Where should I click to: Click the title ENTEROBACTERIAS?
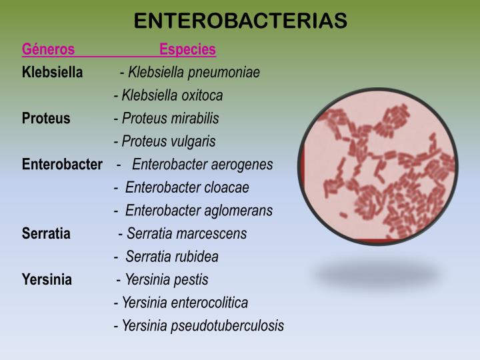pyautogui.click(x=240, y=21)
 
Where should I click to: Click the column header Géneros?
pyautogui.click(x=48, y=49)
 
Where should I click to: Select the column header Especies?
pyautogui.click(x=187, y=49)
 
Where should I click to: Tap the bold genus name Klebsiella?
pyautogui.click(x=53, y=72)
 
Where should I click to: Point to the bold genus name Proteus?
pyautogui.click(x=46, y=118)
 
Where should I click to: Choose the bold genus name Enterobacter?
pyautogui.click(x=62, y=164)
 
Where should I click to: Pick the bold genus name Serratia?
pyautogui.click(x=46, y=233)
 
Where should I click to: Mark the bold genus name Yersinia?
pyautogui.click(x=47, y=279)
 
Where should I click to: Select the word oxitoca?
pyautogui.click(x=202, y=95)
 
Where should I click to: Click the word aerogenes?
pyautogui.click(x=242, y=164)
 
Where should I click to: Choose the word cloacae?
pyautogui.click(x=227, y=187)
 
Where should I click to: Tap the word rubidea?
pyautogui.click(x=198, y=257)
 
